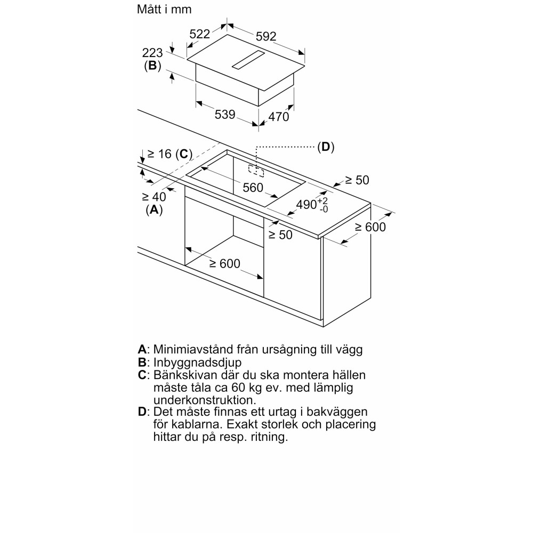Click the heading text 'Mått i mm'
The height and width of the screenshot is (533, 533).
164,10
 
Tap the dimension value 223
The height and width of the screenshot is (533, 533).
152,53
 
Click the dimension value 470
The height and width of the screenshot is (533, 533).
278,117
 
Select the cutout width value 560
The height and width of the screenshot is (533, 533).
253,188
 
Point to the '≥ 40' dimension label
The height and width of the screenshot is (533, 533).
154,196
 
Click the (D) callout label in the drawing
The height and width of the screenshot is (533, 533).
326,147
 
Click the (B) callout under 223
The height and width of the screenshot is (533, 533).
152,67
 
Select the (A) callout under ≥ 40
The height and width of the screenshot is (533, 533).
154,210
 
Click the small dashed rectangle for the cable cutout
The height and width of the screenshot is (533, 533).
256,170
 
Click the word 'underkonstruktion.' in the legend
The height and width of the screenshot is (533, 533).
198,400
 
